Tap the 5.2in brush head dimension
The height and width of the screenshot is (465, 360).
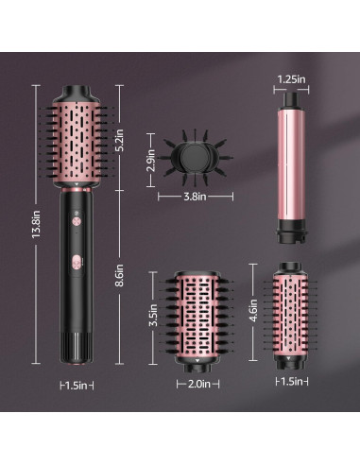(x=118, y=140)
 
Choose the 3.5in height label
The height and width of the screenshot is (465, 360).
(x=153, y=313)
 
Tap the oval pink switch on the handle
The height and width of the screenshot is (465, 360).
(x=75, y=260)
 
